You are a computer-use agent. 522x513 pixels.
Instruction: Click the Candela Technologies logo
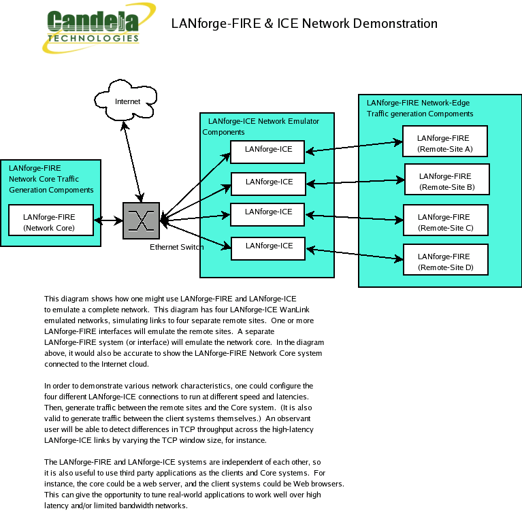pos(99,28)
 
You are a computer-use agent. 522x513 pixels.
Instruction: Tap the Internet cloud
pos(125,100)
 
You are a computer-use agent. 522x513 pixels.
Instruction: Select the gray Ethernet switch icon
pos(141,220)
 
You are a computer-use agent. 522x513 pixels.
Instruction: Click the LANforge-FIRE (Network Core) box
pos(51,220)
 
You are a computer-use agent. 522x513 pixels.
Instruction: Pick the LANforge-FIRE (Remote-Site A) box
pos(445,141)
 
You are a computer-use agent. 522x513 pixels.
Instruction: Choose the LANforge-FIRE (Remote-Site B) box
pos(447,179)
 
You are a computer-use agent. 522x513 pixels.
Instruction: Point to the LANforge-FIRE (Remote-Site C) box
pos(446,220)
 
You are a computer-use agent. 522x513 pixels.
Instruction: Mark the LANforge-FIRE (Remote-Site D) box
pos(446,259)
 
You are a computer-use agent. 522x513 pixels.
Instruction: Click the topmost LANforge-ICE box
pos(267,152)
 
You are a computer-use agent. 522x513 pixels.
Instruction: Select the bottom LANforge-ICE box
pos(268,248)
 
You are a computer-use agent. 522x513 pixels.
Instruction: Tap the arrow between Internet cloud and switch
pos(133,162)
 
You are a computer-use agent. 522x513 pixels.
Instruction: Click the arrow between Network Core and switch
pos(108,220)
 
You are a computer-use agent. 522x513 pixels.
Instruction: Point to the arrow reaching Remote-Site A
pos(354,147)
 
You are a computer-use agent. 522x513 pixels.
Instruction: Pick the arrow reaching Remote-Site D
pos(355,254)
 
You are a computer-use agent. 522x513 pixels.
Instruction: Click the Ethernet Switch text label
pos(176,247)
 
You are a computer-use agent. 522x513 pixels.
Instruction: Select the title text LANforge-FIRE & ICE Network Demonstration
pos(304,24)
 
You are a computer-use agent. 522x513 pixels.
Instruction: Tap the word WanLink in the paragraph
pos(294,310)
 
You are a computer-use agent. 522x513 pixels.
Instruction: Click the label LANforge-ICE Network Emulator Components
pos(261,127)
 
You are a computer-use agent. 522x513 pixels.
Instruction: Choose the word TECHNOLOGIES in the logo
pos(93,38)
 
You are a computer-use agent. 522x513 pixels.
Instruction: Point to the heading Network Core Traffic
pos(44,179)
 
